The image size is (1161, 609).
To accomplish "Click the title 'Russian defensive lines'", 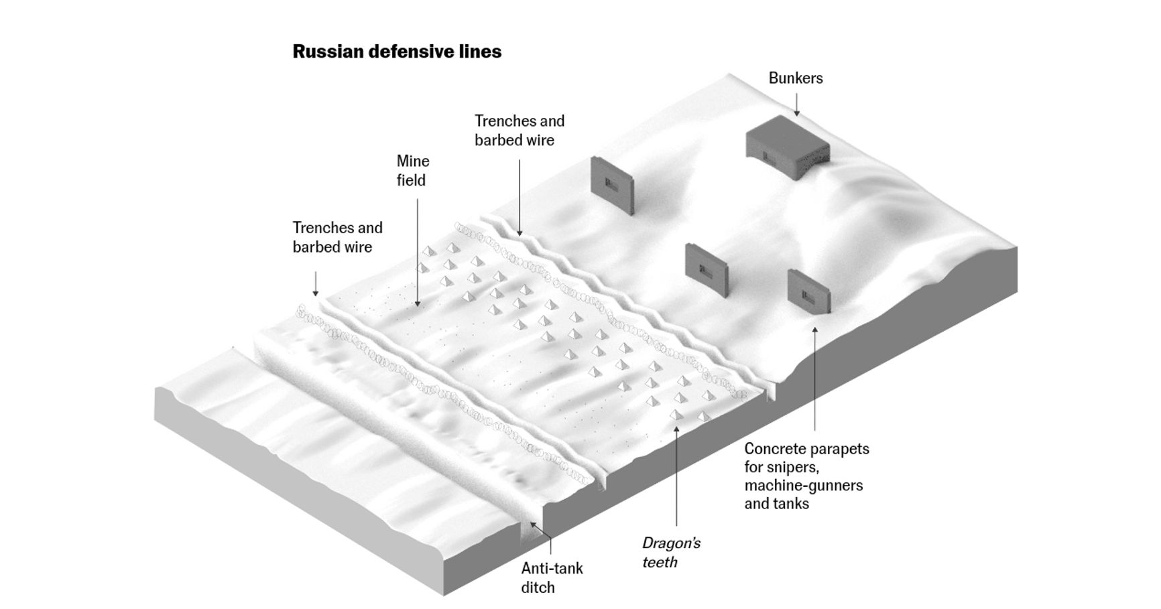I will click(397, 52).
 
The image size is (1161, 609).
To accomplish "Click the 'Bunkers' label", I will click(795, 78).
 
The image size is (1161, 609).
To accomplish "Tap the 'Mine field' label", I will click(412, 170).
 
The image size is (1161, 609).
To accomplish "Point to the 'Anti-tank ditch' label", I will click(552, 578).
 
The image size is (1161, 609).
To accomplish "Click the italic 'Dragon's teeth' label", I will click(670, 552).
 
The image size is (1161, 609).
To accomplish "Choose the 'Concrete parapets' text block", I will click(806, 476).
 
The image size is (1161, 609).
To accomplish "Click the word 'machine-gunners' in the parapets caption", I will click(803, 485).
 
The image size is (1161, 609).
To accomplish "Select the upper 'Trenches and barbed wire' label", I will click(520, 130).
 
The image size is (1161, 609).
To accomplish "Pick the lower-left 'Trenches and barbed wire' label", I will click(337, 237).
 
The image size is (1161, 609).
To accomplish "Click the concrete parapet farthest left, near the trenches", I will click(611, 185).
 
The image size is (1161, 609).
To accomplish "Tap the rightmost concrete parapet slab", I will click(808, 291).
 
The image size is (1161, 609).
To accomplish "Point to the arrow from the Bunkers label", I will click(796, 104).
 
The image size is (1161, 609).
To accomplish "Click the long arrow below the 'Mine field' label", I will click(418, 251).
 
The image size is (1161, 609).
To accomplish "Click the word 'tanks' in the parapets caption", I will click(792, 504).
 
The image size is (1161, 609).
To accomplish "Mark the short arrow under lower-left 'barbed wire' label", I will click(316, 283).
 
